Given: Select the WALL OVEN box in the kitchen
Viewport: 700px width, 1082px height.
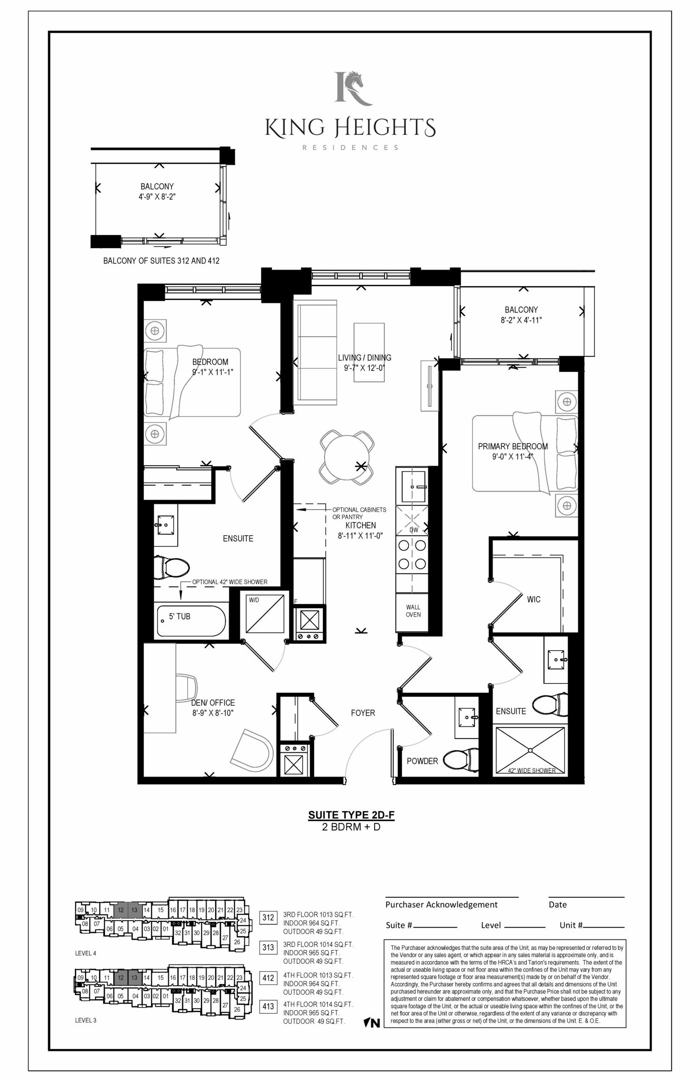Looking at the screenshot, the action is point(413,612).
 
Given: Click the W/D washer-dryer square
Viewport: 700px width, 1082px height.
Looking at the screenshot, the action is point(265,613).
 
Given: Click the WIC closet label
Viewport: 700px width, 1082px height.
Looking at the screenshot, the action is point(534,599).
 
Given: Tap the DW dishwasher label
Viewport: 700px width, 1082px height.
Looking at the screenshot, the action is point(413,530).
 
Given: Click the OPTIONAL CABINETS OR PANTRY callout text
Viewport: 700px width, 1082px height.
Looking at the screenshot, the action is point(359,513).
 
